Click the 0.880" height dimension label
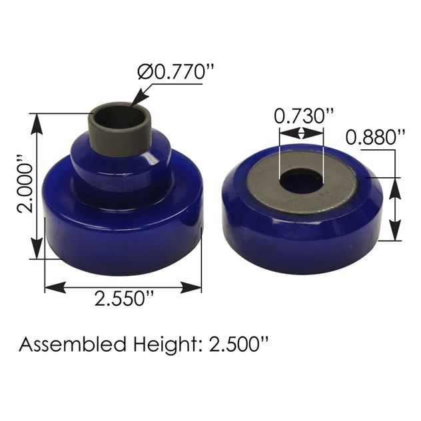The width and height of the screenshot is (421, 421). point(376,137)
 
